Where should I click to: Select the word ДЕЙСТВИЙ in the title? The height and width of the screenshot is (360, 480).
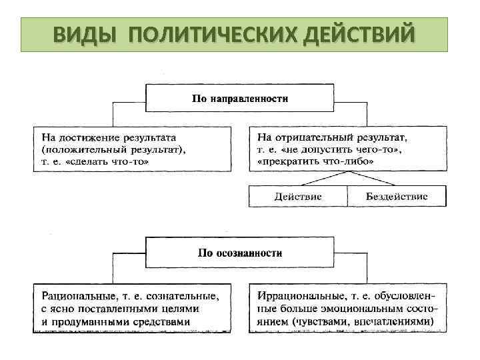(x=357, y=34)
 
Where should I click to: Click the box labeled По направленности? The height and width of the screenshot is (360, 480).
(x=240, y=99)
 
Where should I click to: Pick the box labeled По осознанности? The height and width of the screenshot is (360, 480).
(x=240, y=253)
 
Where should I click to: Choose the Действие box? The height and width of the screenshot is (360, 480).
(x=298, y=197)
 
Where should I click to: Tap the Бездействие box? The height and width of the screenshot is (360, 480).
(x=397, y=197)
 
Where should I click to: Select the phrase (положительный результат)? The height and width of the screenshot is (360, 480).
(x=110, y=150)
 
